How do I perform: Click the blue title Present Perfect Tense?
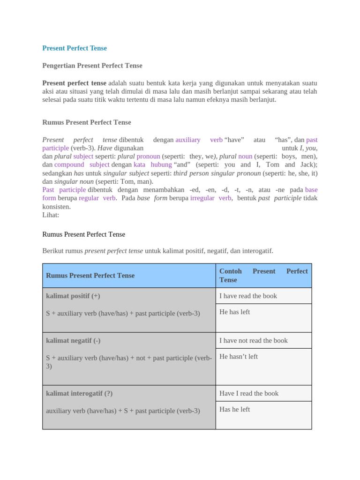tap(75, 48)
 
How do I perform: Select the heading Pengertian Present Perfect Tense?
tap(92, 66)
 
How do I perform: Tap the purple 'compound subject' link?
tap(82, 165)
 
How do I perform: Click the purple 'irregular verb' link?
tap(210, 198)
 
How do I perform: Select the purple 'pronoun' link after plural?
tap(148, 156)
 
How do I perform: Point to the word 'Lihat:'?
tap(51, 215)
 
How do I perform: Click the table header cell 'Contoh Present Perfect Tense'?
tap(263, 276)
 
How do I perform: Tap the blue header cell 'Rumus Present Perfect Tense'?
tap(90, 276)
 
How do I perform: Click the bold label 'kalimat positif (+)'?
tap(73, 296)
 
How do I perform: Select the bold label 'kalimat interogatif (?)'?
tap(79, 393)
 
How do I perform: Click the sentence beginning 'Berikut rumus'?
tap(157, 251)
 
